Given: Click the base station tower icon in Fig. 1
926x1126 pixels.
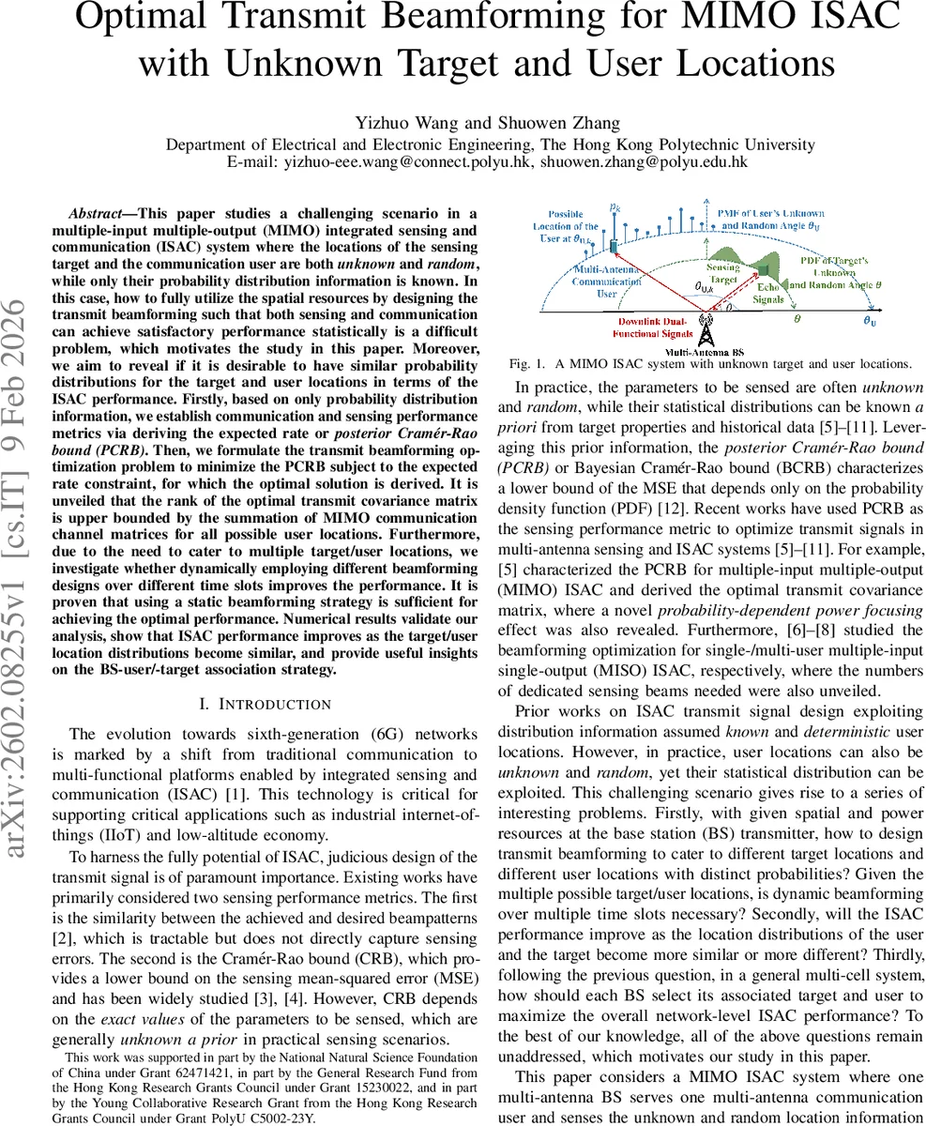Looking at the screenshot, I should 706,333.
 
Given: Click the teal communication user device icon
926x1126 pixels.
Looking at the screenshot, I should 614,244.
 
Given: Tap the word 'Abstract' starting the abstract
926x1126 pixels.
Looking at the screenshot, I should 97,213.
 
